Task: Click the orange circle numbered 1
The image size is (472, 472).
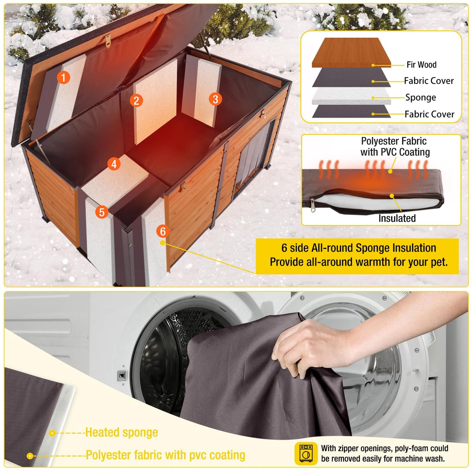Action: pos(63,77)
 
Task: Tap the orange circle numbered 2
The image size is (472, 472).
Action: pos(136,101)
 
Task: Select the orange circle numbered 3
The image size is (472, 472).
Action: pos(215,99)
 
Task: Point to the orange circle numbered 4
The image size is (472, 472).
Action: pos(114,164)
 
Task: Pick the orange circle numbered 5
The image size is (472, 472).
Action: pos(102,212)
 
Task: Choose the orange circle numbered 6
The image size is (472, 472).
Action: pos(163,231)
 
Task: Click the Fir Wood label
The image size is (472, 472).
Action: pos(421,65)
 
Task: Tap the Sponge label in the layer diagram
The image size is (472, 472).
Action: pos(420,97)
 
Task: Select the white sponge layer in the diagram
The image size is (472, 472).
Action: pos(351,96)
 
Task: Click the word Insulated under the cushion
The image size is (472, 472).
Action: pos(397,218)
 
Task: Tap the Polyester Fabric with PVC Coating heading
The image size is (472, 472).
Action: pos(395,147)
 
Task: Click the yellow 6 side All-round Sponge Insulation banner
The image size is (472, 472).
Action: pos(358,255)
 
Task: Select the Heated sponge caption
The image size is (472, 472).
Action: pos(121,432)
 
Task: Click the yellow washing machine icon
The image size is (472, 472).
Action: pos(306,453)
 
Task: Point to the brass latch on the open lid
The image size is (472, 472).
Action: pos(108,39)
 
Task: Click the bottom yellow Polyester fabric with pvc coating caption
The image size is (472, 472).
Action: pos(165,455)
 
